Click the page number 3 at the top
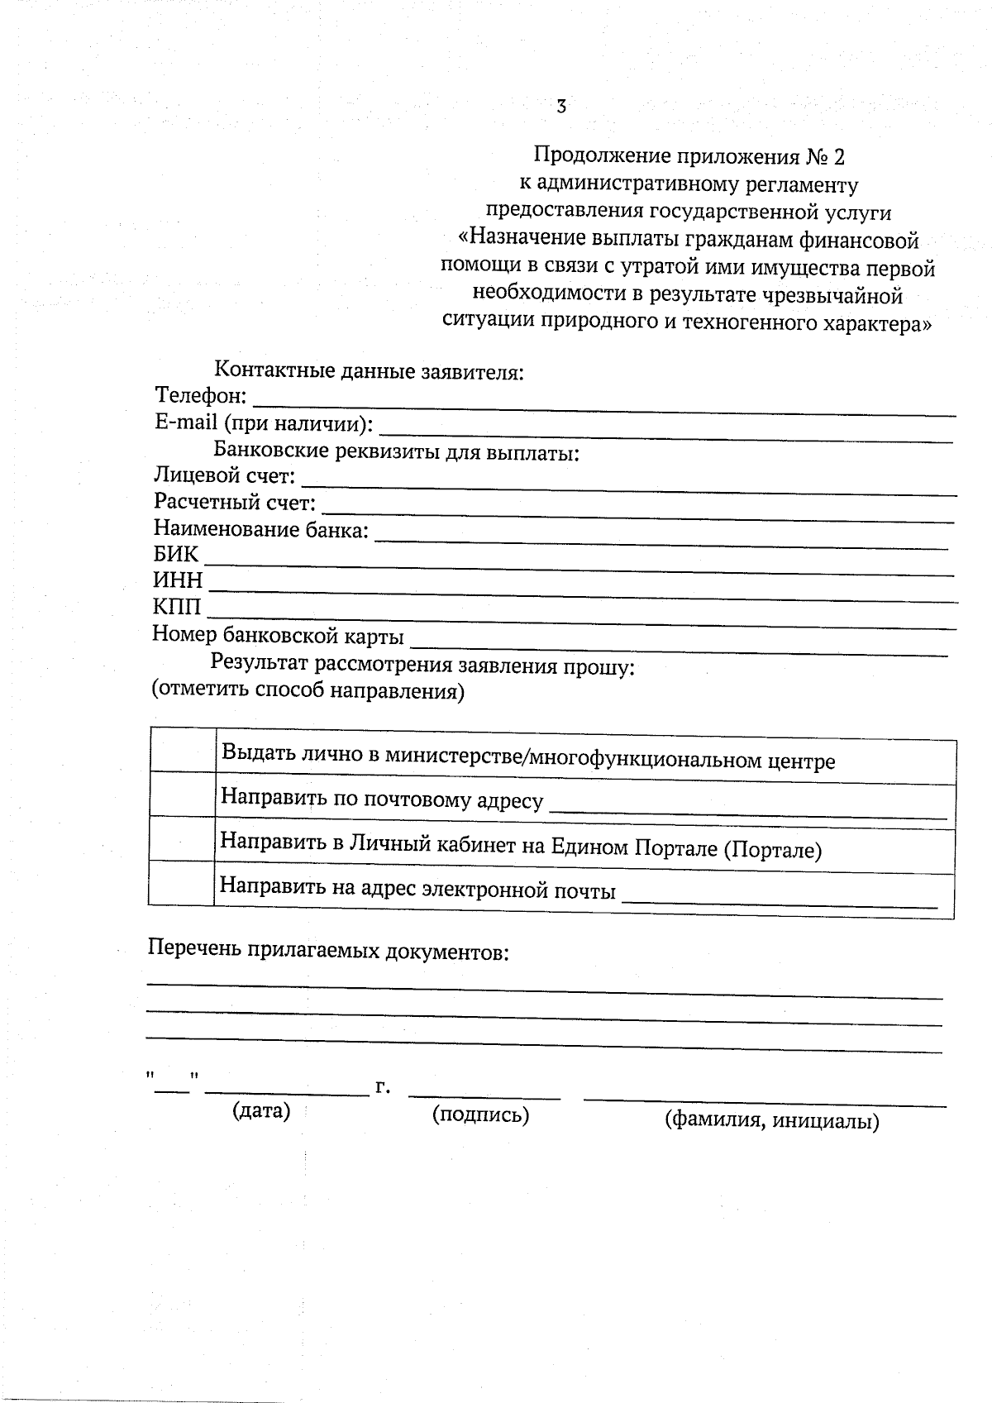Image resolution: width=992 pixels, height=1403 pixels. (x=561, y=107)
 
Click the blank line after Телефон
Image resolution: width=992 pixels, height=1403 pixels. (x=603, y=405)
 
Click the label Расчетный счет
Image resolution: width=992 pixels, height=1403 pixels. (x=235, y=503)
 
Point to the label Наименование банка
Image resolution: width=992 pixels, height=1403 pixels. (x=260, y=529)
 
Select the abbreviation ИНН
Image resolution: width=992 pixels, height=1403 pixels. (x=178, y=581)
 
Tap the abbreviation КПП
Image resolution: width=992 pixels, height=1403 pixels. (x=177, y=608)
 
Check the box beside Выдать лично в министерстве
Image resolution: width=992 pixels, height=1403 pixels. (x=183, y=751)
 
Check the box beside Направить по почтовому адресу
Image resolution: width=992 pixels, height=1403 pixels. (x=183, y=795)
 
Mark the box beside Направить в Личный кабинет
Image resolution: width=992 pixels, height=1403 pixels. (x=183, y=839)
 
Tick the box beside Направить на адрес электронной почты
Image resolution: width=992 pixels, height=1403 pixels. (x=182, y=883)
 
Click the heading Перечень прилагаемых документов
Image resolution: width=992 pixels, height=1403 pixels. (x=328, y=950)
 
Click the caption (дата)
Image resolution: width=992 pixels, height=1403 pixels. (x=261, y=1110)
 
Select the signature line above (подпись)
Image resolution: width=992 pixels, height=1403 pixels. (x=484, y=1096)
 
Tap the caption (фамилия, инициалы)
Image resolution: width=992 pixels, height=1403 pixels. (x=771, y=1121)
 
